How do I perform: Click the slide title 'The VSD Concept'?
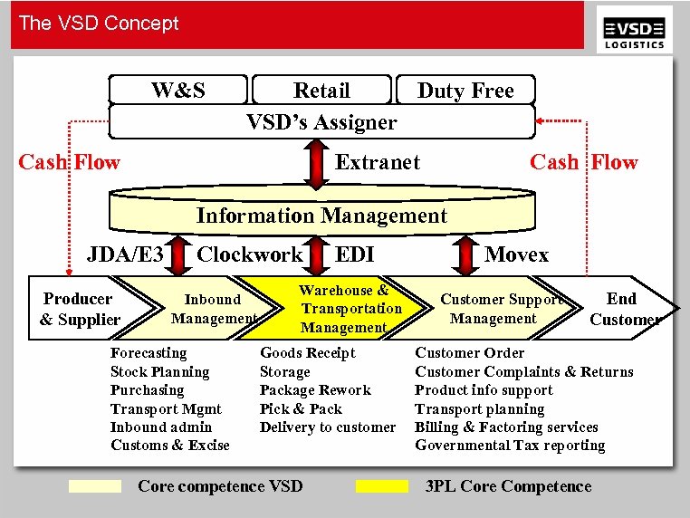pyautogui.click(x=99, y=24)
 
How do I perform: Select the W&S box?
pyautogui.click(x=177, y=91)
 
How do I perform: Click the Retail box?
pyautogui.click(x=321, y=91)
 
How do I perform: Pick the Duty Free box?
pyautogui.click(x=465, y=91)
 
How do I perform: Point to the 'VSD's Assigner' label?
pyautogui.click(x=321, y=121)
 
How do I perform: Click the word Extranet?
pyautogui.click(x=378, y=162)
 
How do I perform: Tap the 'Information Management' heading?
pyautogui.click(x=321, y=216)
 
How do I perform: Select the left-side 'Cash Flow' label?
pyautogui.click(x=70, y=162)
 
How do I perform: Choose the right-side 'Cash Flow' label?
pyautogui.click(x=584, y=162)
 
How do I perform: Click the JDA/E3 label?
pyautogui.click(x=125, y=254)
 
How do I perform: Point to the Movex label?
pyautogui.click(x=516, y=254)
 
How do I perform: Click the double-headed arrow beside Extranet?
pyautogui.click(x=315, y=163)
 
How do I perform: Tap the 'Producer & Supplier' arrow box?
pyautogui.click(x=80, y=309)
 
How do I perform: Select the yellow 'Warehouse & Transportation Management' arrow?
pyautogui.click(x=344, y=309)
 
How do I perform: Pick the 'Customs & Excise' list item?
pyautogui.click(x=170, y=445)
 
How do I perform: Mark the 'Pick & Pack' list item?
pyautogui.click(x=301, y=408)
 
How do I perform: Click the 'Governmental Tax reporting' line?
pyautogui.click(x=510, y=445)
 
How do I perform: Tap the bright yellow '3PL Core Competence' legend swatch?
pyautogui.click(x=381, y=486)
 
